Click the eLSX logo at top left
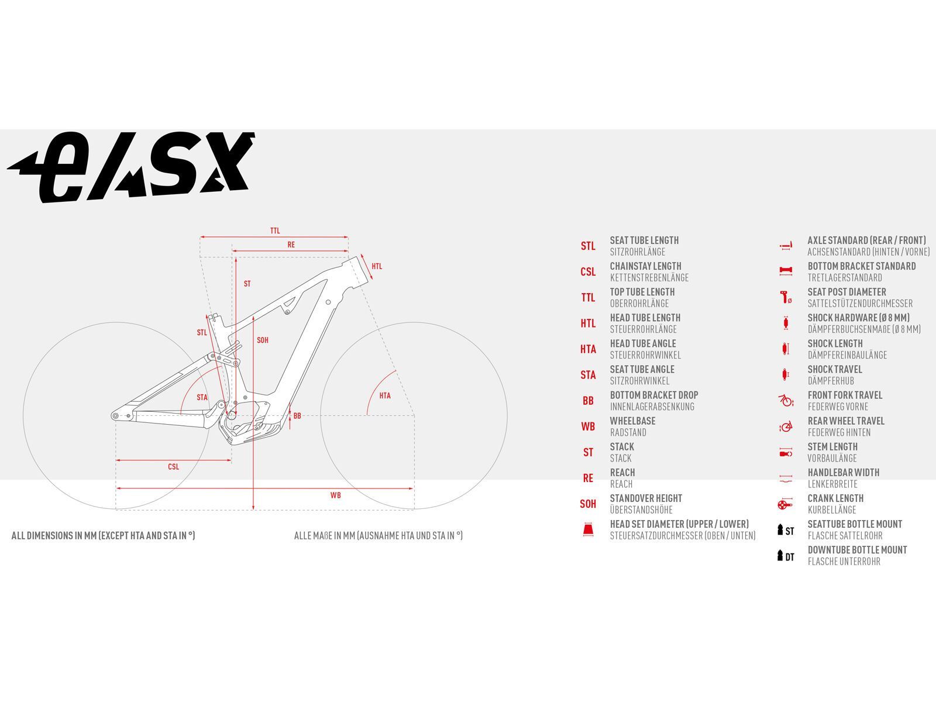pos(131,167)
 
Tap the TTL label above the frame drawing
pos(275,230)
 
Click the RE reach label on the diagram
pos(291,245)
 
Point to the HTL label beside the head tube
pos(377,266)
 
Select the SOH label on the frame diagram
pos(263,340)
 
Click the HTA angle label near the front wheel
pos(384,395)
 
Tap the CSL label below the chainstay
pos(174,467)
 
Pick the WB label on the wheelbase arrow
pos(336,495)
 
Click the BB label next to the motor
pos(297,415)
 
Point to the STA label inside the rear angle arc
pos(202,397)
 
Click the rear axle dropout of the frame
pos(115,415)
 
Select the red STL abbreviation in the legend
pos(588,246)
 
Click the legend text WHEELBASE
pos(632,421)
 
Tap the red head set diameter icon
pos(588,529)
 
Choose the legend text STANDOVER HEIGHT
pos(646,498)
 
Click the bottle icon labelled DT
pos(786,556)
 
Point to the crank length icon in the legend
pos(785,504)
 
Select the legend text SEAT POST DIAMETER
pos(846,292)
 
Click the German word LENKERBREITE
pos(832,484)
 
